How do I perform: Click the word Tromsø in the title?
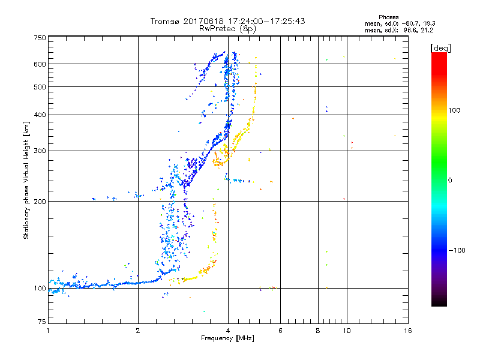pos(164,21)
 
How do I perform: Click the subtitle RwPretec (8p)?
pos(228,28)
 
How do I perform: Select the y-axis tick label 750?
pos(40,37)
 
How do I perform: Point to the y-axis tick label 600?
pos(40,64)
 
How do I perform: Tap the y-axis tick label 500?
pos(40,87)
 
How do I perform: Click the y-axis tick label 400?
pos(40,115)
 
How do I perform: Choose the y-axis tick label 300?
pos(40,151)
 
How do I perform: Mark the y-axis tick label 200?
pos(40,202)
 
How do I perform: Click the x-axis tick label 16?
pos(407,331)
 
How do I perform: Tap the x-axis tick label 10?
pos(346,331)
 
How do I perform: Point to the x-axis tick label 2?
pos(138,331)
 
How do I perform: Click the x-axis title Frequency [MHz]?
pos(228,339)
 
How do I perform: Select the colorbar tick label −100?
pos(459,250)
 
